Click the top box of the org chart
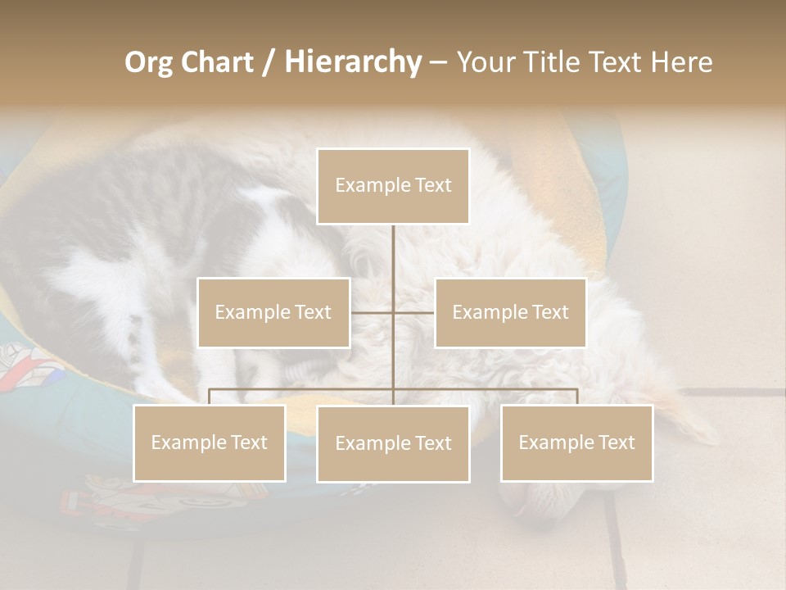point(393,186)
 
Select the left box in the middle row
point(273,312)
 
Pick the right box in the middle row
point(510,312)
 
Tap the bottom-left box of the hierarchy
point(209,442)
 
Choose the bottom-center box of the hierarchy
point(393,443)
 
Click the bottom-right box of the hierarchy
point(576,442)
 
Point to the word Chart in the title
point(217,62)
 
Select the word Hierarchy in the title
point(353,62)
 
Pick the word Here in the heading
point(681,62)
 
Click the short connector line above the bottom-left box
point(209,397)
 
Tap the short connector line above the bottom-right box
point(577,397)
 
